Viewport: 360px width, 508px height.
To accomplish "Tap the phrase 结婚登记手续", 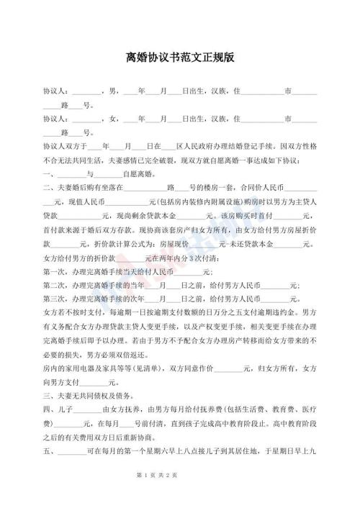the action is [261, 146].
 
